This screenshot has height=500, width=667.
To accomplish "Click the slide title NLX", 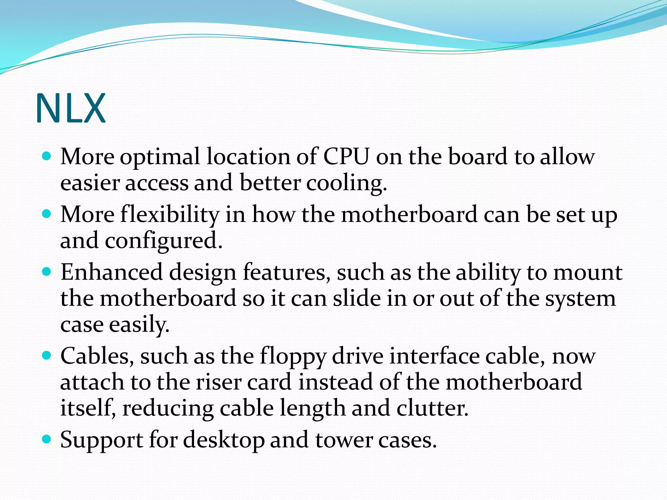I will (x=70, y=108).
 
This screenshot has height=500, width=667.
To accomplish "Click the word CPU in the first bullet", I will (x=346, y=157).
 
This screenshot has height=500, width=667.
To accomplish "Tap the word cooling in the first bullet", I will (x=346, y=183).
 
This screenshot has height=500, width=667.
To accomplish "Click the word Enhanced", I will (x=111, y=272).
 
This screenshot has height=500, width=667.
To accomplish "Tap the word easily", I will (x=139, y=325).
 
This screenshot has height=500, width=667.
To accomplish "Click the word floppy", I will (x=292, y=356).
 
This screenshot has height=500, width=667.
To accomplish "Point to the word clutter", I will (x=432, y=408).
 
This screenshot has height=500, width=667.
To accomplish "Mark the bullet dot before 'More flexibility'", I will (x=47, y=214).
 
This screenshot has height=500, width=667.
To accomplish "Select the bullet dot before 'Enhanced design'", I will (x=47, y=271).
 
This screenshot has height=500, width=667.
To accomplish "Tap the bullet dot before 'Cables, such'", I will (x=47, y=355).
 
